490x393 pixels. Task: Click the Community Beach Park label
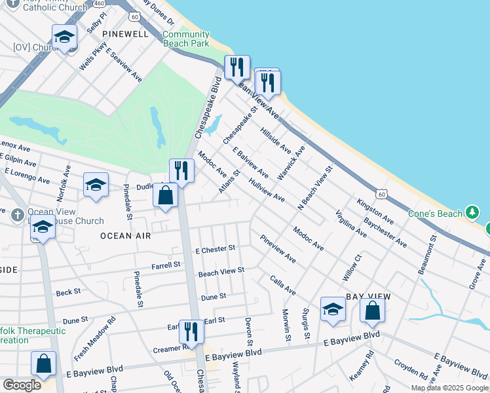pos(185,39)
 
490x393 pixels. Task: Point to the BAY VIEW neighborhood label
pos(368,297)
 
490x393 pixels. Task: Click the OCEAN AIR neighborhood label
pos(125,235)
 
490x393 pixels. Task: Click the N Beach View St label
pos(316,187)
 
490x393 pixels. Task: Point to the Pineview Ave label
pos(277,250)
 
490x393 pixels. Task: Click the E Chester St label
pos(215,250)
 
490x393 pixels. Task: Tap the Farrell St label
pos(166,265)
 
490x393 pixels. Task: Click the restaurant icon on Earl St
pos(191,330)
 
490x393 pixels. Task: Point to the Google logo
pos(22,385)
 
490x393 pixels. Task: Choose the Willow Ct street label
pos(352,268)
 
